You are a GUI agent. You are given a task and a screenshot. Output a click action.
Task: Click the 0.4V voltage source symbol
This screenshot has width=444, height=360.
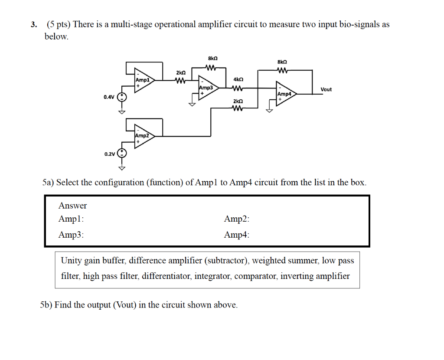(x=123, y=97)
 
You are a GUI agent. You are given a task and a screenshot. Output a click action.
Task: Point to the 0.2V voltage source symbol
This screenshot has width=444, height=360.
(x=123, y=153)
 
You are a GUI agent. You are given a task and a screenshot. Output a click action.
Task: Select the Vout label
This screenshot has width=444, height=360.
(x=326, y=89)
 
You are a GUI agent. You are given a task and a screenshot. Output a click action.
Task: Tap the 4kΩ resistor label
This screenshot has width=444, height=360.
(x=238, y=80)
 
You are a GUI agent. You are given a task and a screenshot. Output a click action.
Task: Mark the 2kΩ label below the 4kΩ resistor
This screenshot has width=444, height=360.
(x=238, y=101)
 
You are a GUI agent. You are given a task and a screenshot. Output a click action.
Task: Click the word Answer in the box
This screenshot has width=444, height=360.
(x=72, y=206)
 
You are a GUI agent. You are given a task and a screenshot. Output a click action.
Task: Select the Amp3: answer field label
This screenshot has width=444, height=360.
(x=71, y=235)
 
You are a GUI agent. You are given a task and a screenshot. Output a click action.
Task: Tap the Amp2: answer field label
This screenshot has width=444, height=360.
(x=237, y=219)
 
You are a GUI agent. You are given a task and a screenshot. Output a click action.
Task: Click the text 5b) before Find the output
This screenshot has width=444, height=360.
(x=47, y=305)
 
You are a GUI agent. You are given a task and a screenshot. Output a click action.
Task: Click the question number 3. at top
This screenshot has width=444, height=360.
(x=33, y=25)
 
